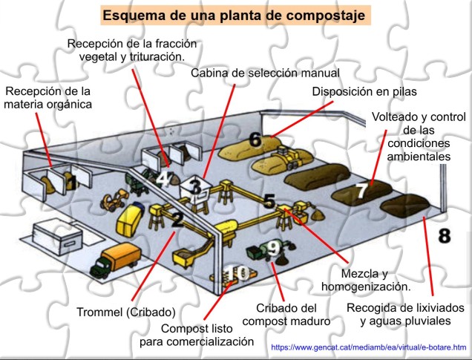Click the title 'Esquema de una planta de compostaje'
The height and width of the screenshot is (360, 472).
(x=236, y=15)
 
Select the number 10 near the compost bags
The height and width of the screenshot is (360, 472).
(x=237, y=274)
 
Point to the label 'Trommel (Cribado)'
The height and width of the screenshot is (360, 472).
(x=125, y=312)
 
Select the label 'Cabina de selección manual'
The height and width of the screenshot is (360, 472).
(x=264, y=73)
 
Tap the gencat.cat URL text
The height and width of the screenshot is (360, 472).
(x=368, y=347)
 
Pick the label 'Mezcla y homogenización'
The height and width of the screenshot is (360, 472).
(x=365, y=279)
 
